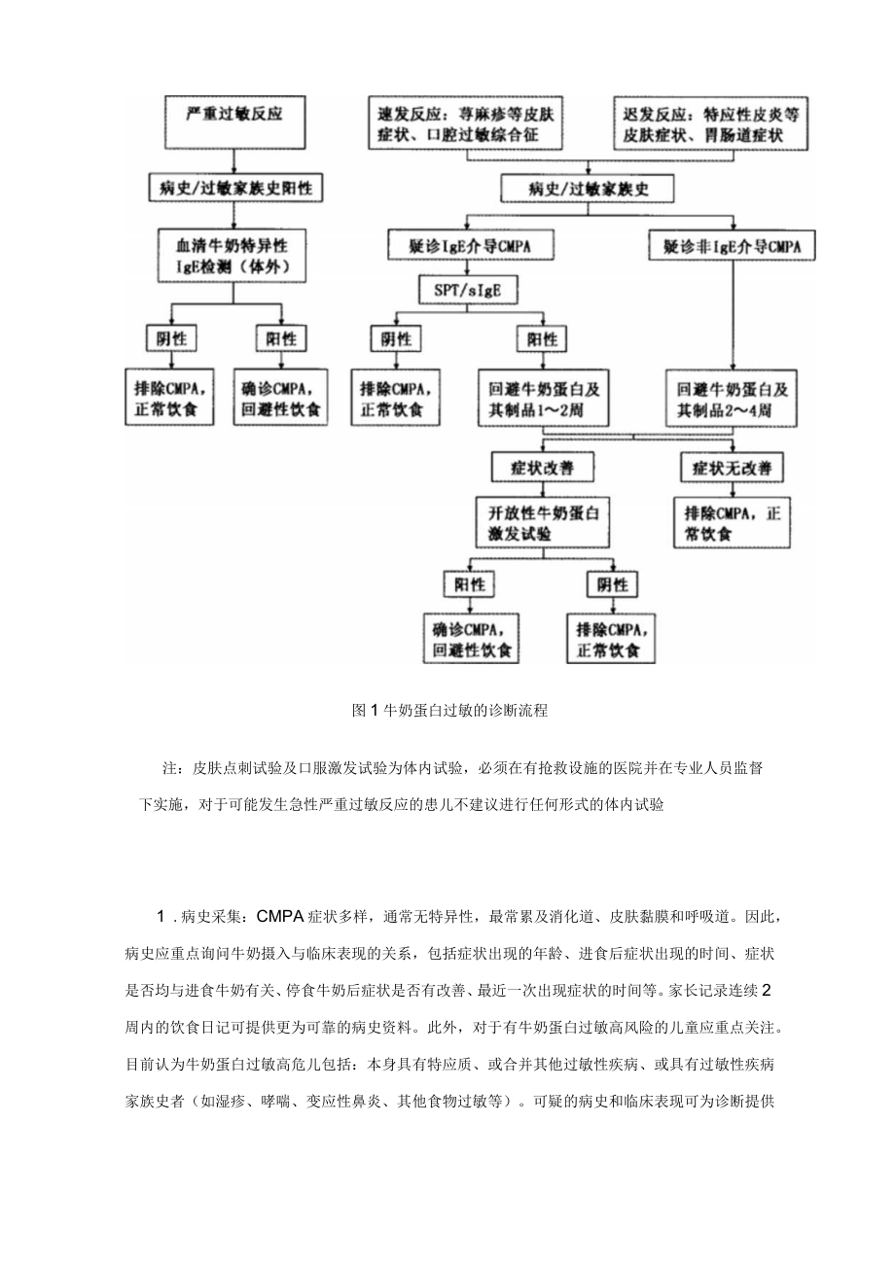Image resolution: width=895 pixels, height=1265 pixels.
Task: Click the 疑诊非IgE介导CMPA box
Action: pyautogui.click(x=732, y=247)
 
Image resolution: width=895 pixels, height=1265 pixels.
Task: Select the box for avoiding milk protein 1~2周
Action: pyautogui.click(x=543, y=398)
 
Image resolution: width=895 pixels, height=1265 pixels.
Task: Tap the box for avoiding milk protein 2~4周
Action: pyautogui.click(x=732, y=398)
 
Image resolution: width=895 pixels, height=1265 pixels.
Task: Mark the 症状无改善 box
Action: pyautogui.click(x=732, y=468)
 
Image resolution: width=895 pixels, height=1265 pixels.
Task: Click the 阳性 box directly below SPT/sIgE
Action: pyautogui.click(x=543, y=339)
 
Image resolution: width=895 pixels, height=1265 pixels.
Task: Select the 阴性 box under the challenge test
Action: pyautogui.click(x=614, y=584)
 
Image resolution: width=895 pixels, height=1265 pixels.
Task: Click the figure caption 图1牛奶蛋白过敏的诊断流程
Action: pyautogui.click(x=449, y=711)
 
